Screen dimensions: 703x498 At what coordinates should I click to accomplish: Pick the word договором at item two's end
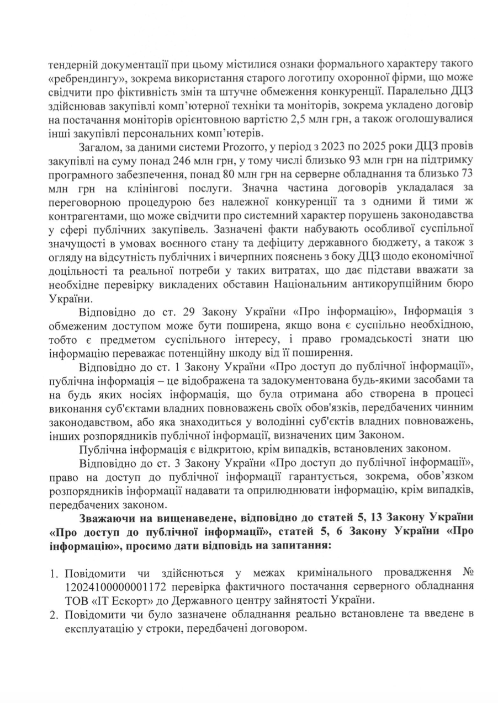coord(284,627)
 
